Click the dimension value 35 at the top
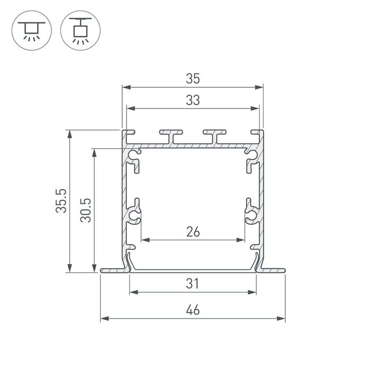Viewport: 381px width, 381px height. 193,79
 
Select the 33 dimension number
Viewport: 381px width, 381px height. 193,101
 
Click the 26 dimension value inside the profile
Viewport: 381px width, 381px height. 193,232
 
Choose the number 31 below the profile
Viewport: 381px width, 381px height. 193,284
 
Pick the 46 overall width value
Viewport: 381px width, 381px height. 193,311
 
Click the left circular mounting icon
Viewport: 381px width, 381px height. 31,30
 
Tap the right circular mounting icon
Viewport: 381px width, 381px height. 80,30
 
